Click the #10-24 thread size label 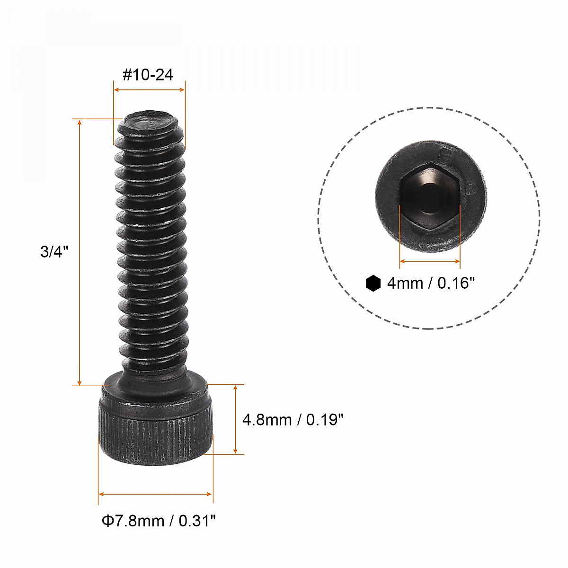coord(148,75)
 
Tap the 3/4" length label coord(54,251)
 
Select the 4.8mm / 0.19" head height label coord(293,419)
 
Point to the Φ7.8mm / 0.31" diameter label coord(159,521)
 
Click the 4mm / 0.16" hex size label coord(430,283)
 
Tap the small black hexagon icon coord(373,283)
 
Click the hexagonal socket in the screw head coord(429,196)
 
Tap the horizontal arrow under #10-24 coord(149,89)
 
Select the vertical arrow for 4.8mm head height coord(235,419)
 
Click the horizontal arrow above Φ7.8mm coord(155,494)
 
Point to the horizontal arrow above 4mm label coord(430,261)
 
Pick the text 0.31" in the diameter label coord(198,521)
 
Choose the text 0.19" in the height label coord(325,419)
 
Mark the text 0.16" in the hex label coord(456,283)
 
